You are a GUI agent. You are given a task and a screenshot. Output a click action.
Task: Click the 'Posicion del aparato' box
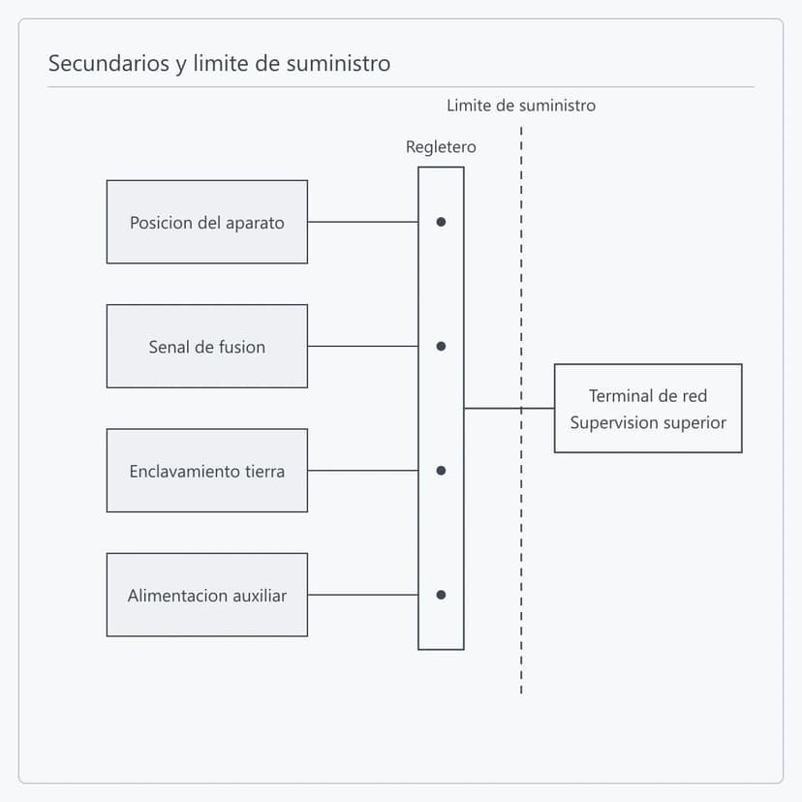[207, 222]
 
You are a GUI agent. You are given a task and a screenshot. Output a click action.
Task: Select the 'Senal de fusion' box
[207, 346]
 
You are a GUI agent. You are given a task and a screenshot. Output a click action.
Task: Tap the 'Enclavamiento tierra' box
[207, 471]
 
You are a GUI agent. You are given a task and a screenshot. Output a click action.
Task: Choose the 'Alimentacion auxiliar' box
[207, 595]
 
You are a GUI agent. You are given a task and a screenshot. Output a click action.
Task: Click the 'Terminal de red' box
[648, 408]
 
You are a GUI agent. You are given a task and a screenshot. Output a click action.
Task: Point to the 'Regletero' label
[441, 147]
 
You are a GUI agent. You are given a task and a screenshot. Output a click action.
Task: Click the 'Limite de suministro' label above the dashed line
[521, 106]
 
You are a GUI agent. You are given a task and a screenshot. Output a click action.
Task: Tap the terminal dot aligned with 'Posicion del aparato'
[441, 222]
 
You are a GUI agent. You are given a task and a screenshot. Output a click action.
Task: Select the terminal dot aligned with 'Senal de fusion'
[441, 346]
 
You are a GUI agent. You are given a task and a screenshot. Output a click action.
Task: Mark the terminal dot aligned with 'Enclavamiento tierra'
[441, 471]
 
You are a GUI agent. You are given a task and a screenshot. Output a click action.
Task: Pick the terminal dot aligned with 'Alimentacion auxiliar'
[441, 595]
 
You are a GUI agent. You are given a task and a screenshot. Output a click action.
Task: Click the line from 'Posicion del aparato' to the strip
[363, 222]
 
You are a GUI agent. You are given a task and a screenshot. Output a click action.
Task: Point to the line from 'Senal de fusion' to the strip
[363, 346]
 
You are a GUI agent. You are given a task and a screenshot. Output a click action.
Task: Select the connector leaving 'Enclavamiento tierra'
[363, 471]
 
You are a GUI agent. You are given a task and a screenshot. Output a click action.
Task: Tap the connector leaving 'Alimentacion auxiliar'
[363, 595]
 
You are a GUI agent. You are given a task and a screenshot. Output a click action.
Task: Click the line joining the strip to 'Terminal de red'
[509, 408]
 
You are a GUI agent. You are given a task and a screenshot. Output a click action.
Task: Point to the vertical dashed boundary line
[521, 411]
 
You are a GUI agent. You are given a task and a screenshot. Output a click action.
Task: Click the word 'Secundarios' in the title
[108, 63]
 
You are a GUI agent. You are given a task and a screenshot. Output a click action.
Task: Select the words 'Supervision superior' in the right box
[648, 422]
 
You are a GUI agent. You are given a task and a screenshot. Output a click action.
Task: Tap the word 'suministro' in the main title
[338, 63]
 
